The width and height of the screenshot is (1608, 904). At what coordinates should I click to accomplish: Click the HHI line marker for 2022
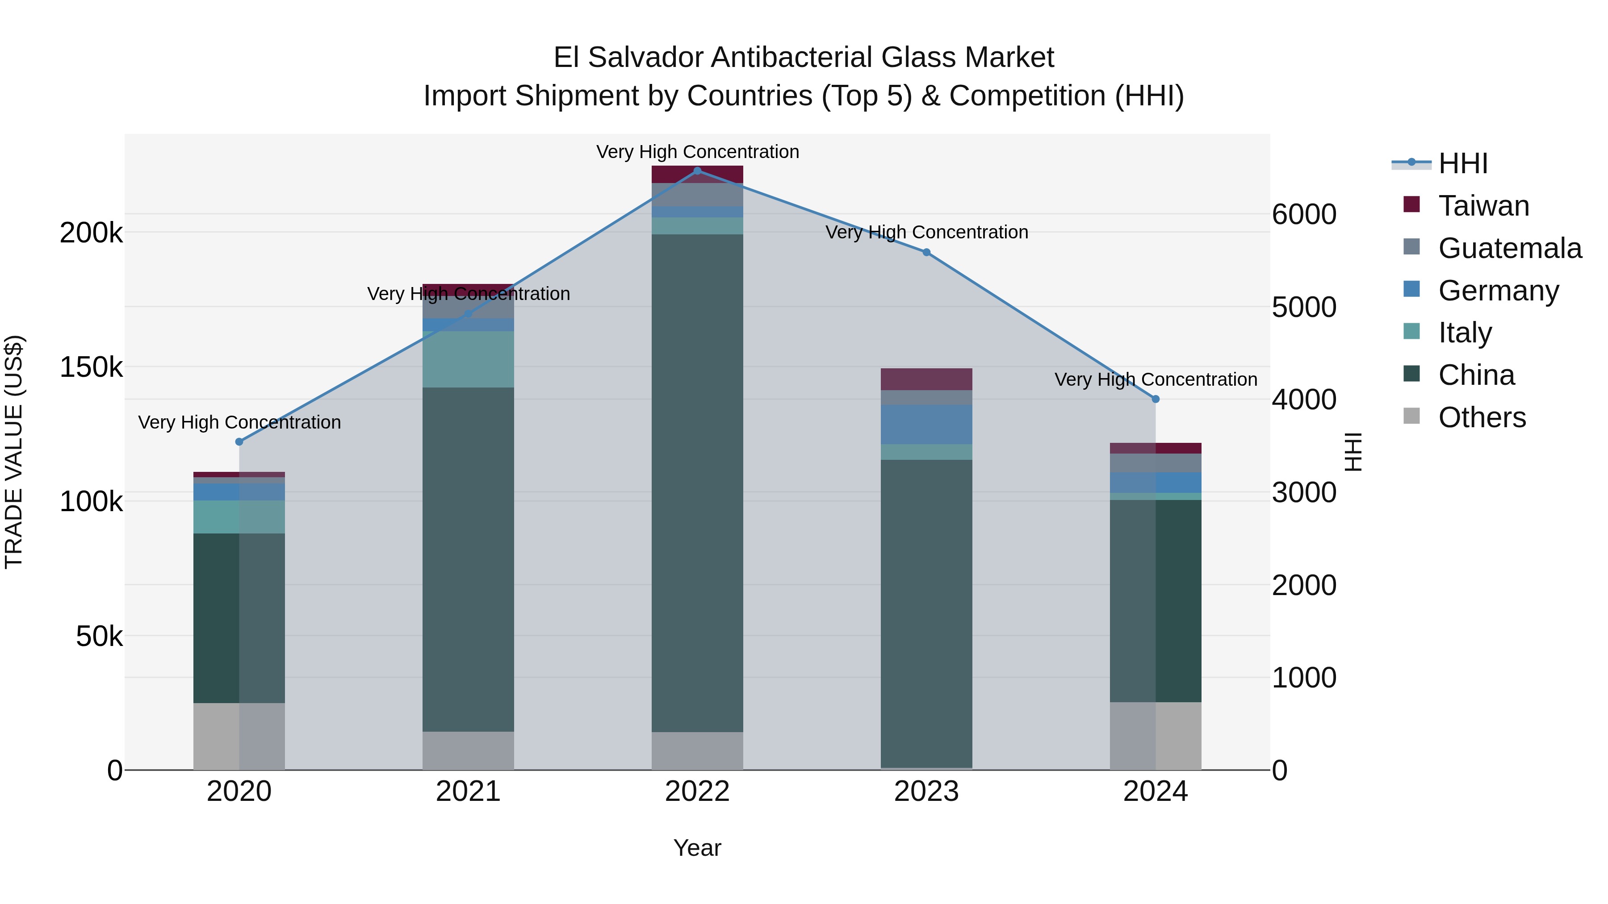[x=697, y=171]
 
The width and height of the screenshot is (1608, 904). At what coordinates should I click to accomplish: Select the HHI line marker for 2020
[x=239, y=442]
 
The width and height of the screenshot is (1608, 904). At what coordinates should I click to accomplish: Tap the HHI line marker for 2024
[x=1156, y=399]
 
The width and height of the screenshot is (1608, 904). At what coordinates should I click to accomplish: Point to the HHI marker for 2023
[x=926, y=253]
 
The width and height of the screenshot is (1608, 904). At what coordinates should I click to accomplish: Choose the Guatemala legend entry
[x=1509, y=248]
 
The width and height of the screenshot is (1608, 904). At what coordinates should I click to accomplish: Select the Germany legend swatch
[x=1411, y=289]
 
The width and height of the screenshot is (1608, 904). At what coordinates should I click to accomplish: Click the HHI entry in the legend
[x=1462, y=163]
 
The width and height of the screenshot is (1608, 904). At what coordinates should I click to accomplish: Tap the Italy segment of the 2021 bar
[x=468, y=359]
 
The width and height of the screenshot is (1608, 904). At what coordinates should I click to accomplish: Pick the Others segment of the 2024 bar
[x=1156, y=736]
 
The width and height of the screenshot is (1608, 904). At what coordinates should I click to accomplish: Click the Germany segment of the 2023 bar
[x=926, y=424]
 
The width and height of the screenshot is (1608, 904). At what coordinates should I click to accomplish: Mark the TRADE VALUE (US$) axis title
[x=14, y=452]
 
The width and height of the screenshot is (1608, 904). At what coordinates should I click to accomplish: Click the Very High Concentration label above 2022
[x=697, y=152]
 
